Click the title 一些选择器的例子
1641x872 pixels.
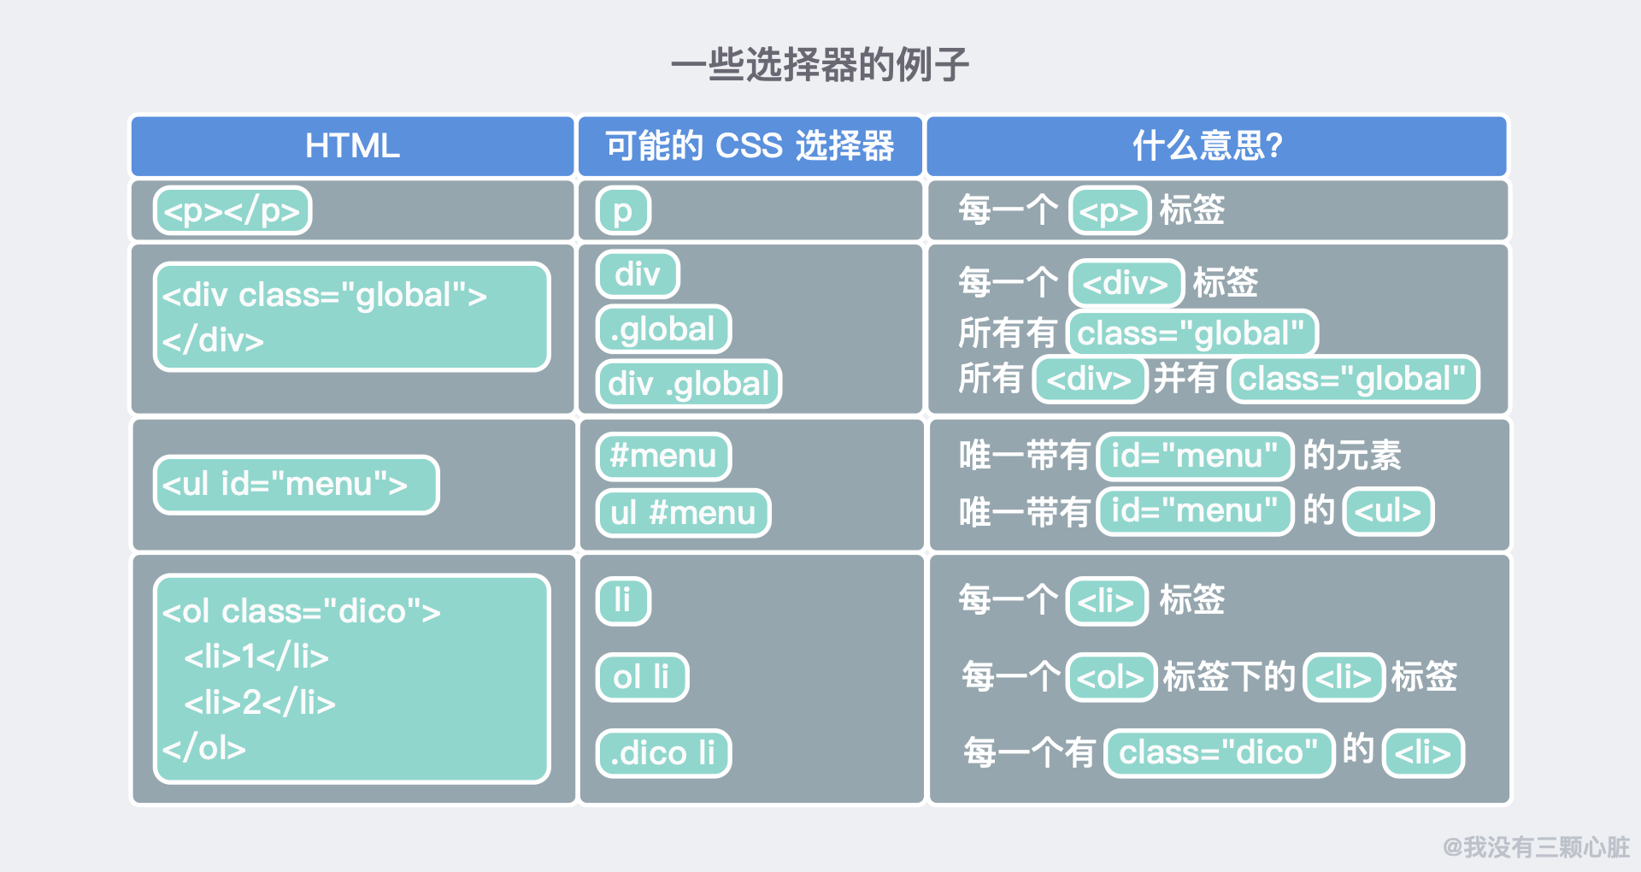820,65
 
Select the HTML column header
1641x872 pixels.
352,145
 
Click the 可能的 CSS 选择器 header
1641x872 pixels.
750,145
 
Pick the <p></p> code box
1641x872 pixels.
232,210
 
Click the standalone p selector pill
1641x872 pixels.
623,210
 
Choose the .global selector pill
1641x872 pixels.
663,329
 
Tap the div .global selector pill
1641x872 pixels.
689,384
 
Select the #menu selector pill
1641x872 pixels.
663,456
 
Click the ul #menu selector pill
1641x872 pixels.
683,513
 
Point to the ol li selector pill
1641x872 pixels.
642,677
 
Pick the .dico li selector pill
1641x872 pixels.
663,753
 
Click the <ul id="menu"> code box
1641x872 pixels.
297,485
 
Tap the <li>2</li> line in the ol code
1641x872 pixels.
260,703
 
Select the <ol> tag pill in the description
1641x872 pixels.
1111,677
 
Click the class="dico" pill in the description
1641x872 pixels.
1219,753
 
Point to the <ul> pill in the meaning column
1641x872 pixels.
1388,511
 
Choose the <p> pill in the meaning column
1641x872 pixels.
1109,210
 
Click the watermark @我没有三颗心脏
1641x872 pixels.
1536,846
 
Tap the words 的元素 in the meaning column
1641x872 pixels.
1351,456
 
